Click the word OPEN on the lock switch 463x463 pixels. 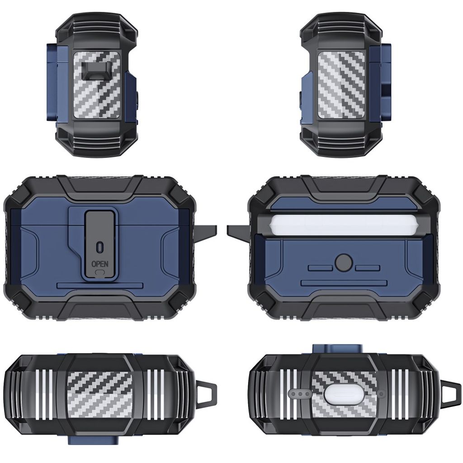[100, 264]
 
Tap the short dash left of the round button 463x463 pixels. [321, 268]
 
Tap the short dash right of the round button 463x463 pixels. [367, 268]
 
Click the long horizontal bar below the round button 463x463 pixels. [344, 283]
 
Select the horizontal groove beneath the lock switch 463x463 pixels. [100, 285]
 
